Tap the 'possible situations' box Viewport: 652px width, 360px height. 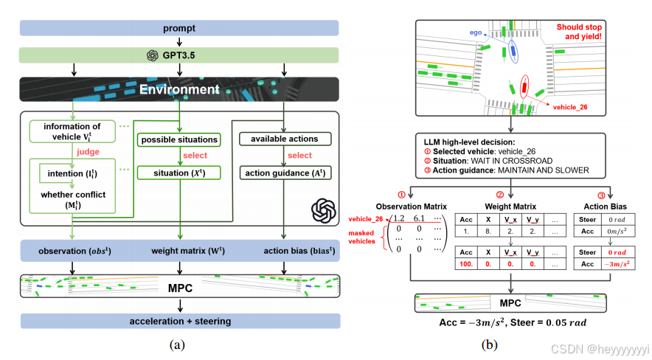pyautogui.click(x=179, y=139)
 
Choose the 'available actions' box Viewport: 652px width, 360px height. pyautogui.click(x=285, y=139)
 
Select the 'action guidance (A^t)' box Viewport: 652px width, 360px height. pyautogui.click(x=285, y=173)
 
